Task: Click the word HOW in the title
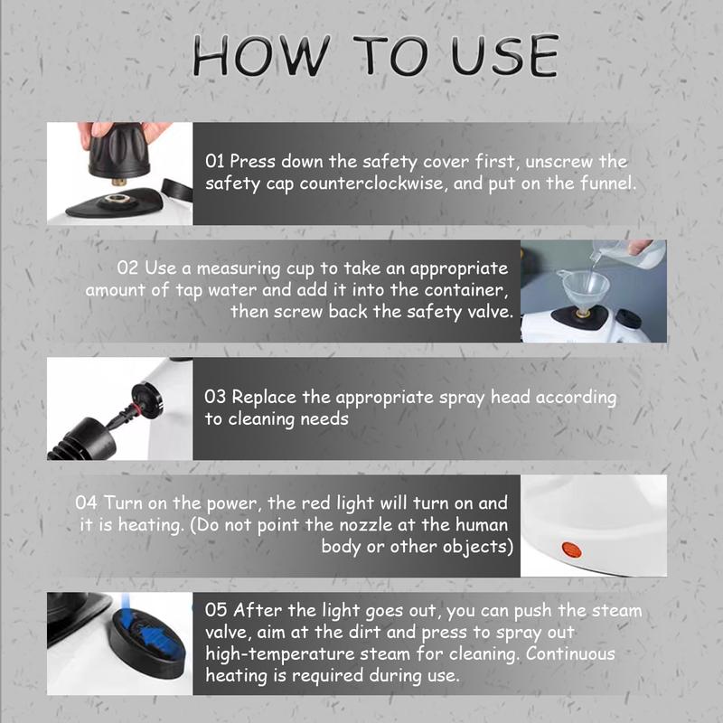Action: (x=249, y=56)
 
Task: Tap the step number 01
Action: (x=215, y=162)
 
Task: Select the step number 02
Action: (x=127, y=269)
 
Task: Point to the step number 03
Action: (x=216, y=399)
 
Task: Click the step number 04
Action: (x=87, y=502)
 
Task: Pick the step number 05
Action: (x=216, y=611)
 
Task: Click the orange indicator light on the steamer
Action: (x=569, y=548)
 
